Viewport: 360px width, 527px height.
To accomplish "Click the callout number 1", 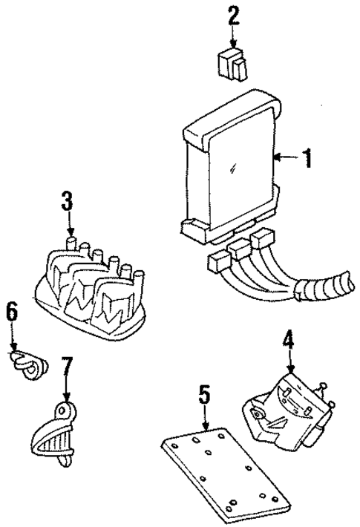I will click(306, 158).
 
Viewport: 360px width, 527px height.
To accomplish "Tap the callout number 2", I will click(235, 15).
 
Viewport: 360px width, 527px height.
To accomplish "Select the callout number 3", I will click(67, 200).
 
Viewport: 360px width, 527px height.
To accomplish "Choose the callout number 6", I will click(12, 312).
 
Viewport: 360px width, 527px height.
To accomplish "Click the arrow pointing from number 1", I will click(285, 157).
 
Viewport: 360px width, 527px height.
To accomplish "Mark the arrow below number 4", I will click(290, 364).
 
